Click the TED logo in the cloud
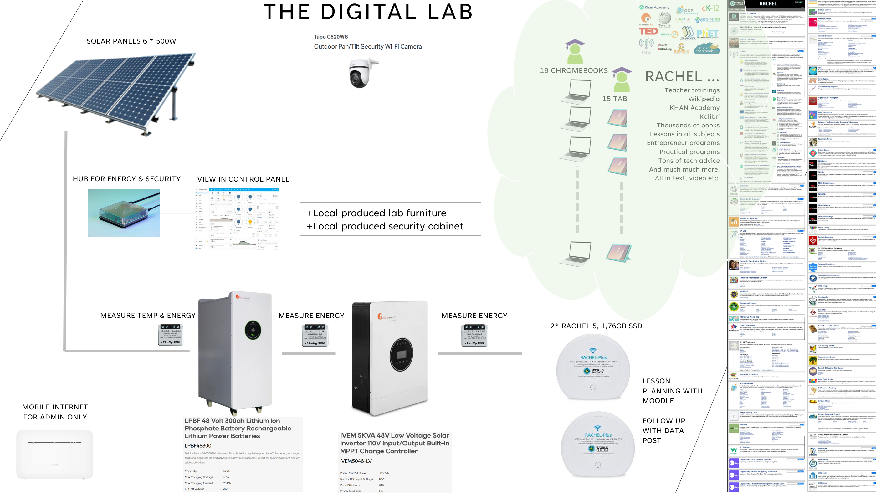pyautogui.click(x=648, y=31)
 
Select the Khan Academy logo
pyautogui.click(x=654, y=7)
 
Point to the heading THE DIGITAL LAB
pyautogui.click(x=368, y=12)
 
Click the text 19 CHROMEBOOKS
pyautogui.click(x=574, y=71)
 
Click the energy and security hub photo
pyautogui.click(x=123, y=213)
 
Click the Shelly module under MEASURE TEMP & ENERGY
pyautogui.click(x=171, y=335)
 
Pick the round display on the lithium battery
pyautogui.click(x=253, y=330)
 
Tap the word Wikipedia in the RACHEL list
pyautogui.click(x=704, y=99)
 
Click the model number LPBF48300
pyautogui.click(x=198, y=446)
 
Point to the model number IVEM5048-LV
pyautogui.click(x=356, y=461)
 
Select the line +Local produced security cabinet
pyautogui.click(x=385, y=226)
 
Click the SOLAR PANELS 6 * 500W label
pyautogui.click(x=131, y=41)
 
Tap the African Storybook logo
pyautogui.click(x=707, y=49)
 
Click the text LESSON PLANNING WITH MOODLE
pyautogui.click(x=672, y=391)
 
